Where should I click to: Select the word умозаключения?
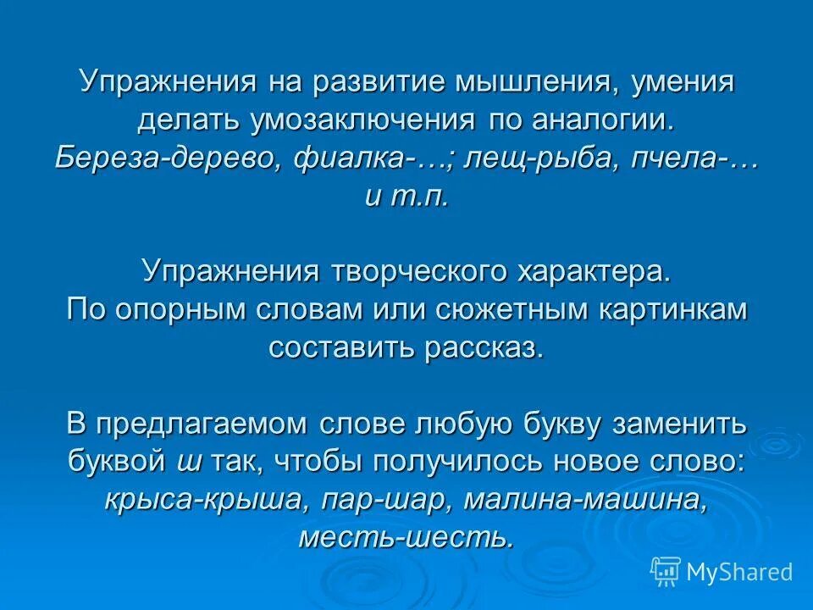(362, 120)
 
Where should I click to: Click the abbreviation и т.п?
(406, 196)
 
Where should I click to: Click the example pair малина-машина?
(585, 500)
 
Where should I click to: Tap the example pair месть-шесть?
(406, 538)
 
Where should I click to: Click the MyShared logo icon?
(666, 572)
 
